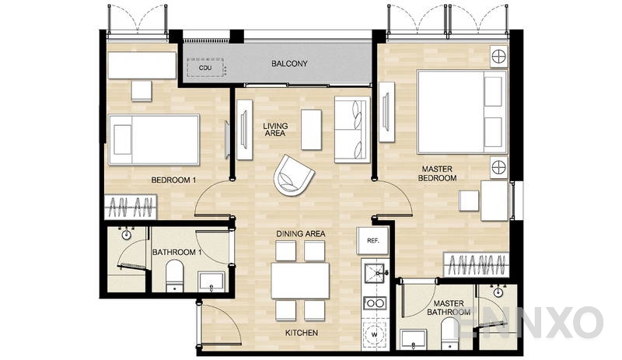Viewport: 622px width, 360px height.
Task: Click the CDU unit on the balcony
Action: coord(205,67)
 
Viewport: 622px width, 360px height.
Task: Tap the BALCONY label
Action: coord(290,64)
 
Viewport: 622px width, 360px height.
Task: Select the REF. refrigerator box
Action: coord(372,240)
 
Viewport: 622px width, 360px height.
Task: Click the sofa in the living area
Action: coord(351,129)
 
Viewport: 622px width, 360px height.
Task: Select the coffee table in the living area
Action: coord(311,129)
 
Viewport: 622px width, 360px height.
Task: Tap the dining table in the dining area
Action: coord(299,281)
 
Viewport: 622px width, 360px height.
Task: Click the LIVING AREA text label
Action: coord(274,129)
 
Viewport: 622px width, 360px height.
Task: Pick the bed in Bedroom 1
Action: coord(154,140)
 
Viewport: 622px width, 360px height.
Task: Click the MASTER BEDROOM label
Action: coord(439,173)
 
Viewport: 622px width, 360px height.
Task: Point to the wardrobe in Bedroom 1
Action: coord(131,208)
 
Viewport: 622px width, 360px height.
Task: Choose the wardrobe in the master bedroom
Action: coord(475,265)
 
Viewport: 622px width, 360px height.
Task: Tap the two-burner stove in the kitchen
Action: coord(374,302)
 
